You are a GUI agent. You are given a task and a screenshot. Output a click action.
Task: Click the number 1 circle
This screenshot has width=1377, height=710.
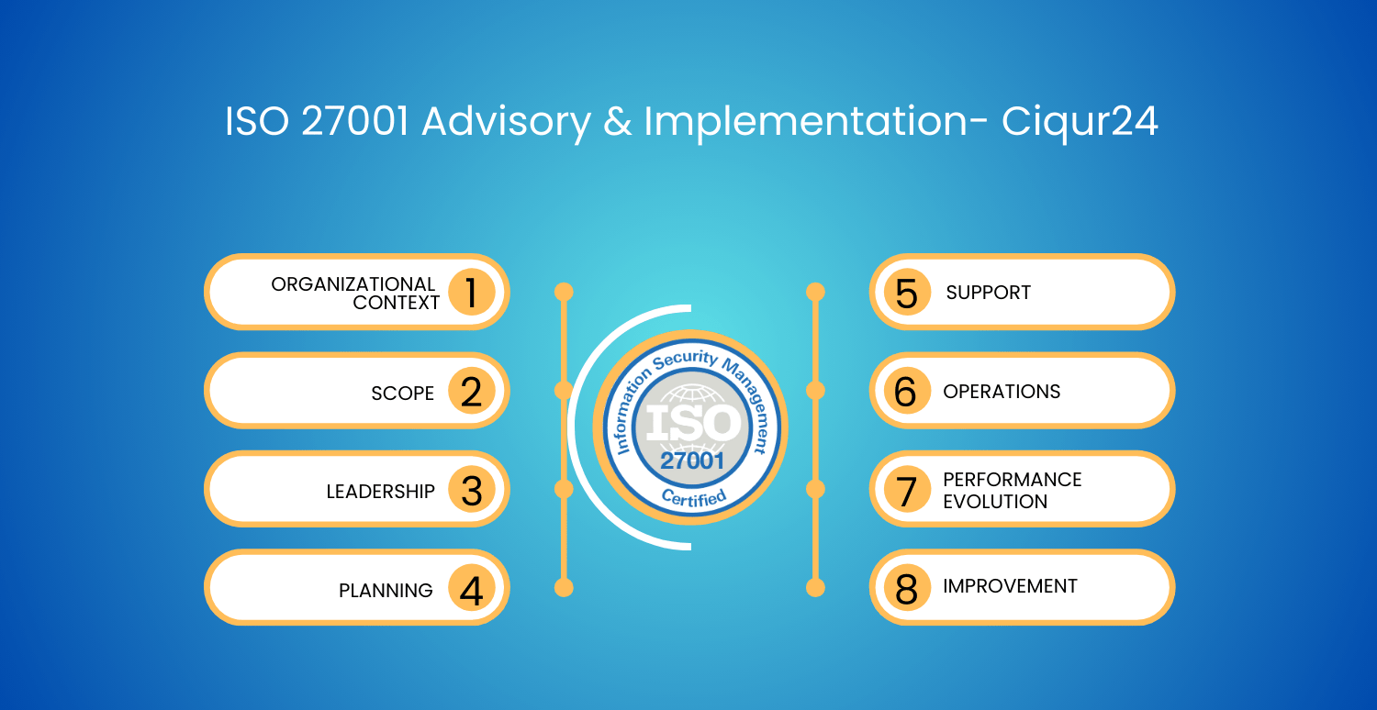(472, 292)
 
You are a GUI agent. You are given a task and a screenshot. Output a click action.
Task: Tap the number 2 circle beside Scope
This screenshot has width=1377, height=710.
(472, 391)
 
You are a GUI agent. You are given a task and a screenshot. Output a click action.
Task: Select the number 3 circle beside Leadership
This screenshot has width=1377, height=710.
(472, 490)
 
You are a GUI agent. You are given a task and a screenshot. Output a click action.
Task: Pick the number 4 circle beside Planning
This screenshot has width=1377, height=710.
(472, 588)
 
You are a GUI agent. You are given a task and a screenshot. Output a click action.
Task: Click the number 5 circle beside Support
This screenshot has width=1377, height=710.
(907, 292)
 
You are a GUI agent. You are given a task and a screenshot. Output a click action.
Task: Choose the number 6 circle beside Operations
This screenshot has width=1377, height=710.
(907, 391)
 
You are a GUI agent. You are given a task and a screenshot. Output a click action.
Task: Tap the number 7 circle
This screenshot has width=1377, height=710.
(907, 490)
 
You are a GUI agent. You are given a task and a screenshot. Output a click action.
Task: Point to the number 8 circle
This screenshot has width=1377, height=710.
(907, 588)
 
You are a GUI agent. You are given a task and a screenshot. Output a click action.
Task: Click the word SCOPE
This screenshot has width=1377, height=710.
(403, 394)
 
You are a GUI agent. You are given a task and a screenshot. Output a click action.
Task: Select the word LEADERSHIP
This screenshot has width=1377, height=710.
(381, 492)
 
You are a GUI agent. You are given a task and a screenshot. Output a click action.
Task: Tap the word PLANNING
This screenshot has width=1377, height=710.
(386, 590)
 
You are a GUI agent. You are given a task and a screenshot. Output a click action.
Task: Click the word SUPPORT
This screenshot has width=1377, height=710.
(988, 293)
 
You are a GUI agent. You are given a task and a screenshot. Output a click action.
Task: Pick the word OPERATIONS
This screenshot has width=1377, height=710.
(1002, 392)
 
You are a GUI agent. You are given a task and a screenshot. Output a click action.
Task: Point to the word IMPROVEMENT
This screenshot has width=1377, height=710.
(1010, 586)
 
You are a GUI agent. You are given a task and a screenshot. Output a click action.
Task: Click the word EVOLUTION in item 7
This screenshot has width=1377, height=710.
(995, 502)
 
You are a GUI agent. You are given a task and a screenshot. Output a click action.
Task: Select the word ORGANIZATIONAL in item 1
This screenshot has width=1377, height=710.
(353, 284)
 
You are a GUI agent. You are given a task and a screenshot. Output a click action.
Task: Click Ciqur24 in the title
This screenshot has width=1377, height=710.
(1080, 122)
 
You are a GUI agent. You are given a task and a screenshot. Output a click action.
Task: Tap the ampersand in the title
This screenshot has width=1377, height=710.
(617, 121)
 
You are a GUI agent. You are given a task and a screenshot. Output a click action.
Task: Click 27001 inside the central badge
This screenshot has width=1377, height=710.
(692, 460)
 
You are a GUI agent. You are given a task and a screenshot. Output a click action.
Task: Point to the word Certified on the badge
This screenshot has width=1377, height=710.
(694, 497)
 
